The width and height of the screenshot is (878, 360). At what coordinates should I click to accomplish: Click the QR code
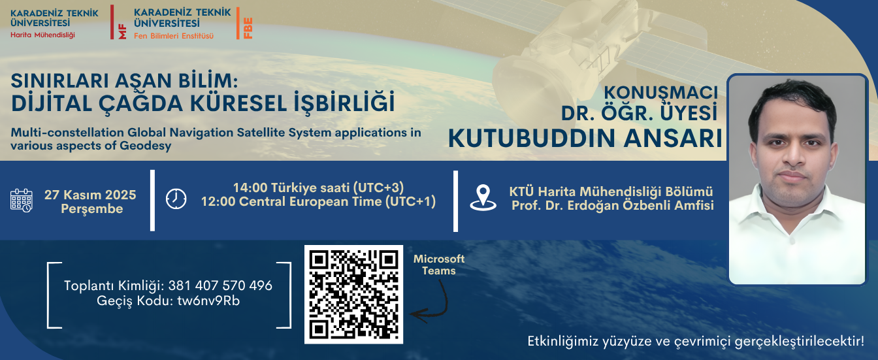[x=353, y=294]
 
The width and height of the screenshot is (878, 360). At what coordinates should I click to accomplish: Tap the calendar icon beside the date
[x=22, y=201]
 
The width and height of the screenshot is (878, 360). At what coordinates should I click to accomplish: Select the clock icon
[x=176, y=199]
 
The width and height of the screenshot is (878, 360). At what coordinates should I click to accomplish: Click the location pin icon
[x=483, y=198]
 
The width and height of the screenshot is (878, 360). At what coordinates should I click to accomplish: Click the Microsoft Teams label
[x=438, y=265]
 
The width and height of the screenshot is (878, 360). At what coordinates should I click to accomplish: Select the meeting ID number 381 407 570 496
[x=220, y=286]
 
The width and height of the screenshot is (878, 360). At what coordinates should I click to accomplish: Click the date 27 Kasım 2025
[x=90, y=195]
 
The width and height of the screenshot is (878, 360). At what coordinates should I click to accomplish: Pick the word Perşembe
[x=91, y=209]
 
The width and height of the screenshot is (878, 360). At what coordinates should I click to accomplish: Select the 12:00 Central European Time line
[x=318, y=201]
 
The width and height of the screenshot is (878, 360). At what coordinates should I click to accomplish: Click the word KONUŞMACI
[x=660, y=92]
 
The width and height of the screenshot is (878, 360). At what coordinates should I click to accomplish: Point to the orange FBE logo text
[x=248, y=28]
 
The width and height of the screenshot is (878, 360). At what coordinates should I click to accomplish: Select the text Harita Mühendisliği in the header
[x=43, y=35]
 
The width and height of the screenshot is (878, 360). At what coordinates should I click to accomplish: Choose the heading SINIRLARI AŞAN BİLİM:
[x=122, y=81]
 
